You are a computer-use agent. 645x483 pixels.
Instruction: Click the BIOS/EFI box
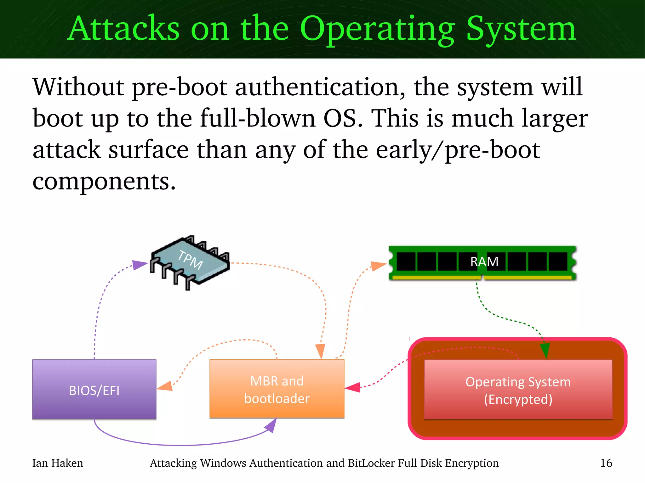point(94,389)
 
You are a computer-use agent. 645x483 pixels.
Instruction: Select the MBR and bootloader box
point(277,389)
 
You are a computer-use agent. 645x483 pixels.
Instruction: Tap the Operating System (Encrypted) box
point(518,390)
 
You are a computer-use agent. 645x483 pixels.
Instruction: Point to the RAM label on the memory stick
point(484,262)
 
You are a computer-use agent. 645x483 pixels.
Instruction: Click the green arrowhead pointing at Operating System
point(545,350)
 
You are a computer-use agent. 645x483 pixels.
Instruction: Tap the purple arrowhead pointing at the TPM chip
point(139,265)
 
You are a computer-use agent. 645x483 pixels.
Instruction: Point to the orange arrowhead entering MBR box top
point(320,351)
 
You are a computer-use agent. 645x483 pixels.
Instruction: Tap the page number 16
point(606,463)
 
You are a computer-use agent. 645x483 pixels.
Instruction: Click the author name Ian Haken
point(58,463)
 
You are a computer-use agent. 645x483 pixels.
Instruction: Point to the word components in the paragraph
point(104,182)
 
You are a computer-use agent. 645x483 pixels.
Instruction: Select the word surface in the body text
point(148,150)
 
